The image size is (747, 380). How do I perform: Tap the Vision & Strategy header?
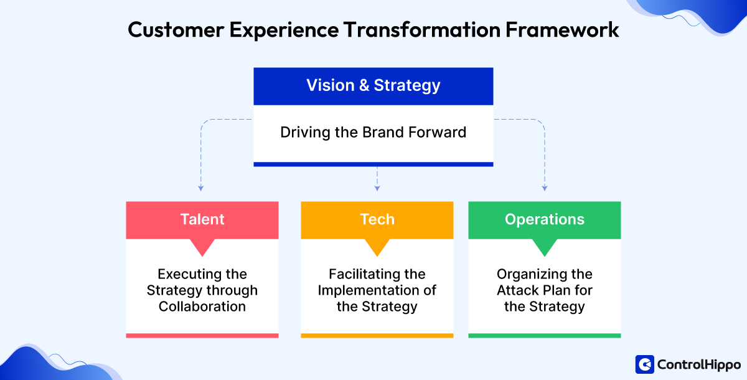point(373,86)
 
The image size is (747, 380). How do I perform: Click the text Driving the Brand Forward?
point(373,133)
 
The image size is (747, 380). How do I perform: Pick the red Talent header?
point(202,219)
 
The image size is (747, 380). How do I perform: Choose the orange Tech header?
point(377,219)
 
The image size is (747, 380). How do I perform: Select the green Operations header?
point(545,219)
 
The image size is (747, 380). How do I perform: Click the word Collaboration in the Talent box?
point(202,306)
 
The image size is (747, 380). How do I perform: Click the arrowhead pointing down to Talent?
point(200,186)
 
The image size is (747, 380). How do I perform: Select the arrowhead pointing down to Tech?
point(377,186)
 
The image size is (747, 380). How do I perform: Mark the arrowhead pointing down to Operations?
point(545,186)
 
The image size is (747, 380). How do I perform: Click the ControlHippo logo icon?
point(644,364)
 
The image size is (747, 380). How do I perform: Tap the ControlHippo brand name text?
point(697,364)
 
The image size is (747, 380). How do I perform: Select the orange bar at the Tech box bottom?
point(377,335)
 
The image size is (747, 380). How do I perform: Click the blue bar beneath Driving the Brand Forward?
point(373,164)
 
